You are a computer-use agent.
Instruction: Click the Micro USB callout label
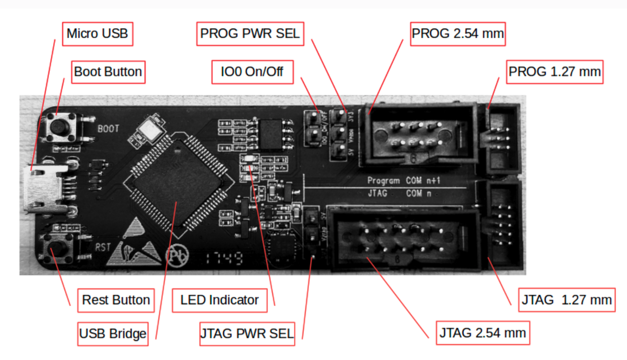pos(97,33)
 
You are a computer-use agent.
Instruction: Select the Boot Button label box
pos(108,72)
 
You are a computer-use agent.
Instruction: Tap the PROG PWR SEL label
pos(250,33)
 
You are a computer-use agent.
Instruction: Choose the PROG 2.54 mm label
pos(458,33)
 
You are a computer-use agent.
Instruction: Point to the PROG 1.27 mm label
pos(554,72)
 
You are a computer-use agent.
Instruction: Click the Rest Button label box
pos(116,300)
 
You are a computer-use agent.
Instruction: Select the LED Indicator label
pos(220,300)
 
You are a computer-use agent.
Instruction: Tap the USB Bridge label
pos(113,334)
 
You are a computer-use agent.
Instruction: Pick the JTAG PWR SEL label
pos(247,333)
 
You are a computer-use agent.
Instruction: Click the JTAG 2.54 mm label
pos(482,333)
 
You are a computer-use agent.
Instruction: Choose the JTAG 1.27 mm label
pos(567,300)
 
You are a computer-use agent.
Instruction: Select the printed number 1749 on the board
pos(222,259)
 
